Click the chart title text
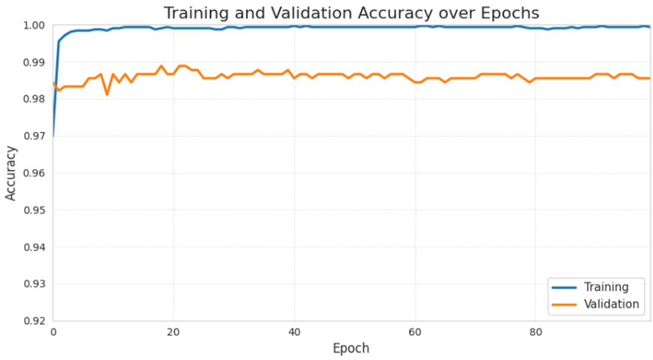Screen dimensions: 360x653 [x=351, y=13]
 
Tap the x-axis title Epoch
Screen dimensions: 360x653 [x=351, y=348]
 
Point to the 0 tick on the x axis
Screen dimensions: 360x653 [x=53, y=332]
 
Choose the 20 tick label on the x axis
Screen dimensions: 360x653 [x=173, y=332]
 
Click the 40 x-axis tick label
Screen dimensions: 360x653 [x=294, y=332]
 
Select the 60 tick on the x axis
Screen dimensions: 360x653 [x=415, y=332]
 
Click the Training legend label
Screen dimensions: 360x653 [x=606, y=287]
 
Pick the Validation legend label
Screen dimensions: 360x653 [x=611, y=304]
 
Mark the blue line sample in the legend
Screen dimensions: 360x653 [x=564, y=287]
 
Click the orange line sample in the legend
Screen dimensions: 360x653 [x=564, y=304]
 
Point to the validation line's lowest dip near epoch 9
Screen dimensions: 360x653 [x=107, y=95]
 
